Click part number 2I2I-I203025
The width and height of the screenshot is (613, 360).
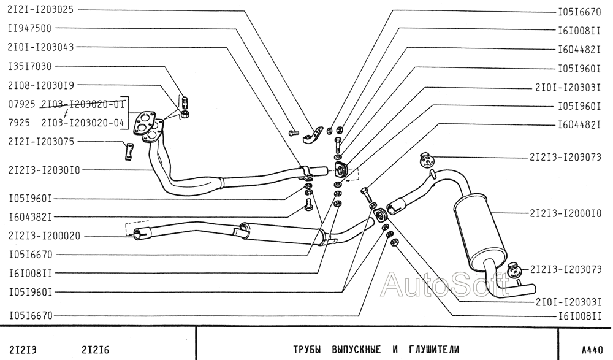pyautogui.click(x=40, y=10)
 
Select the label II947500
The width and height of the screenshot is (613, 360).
pyautogui.click(x=29, y=28)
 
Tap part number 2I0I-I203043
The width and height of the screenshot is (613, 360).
pyautogui.click(x=40, y=47)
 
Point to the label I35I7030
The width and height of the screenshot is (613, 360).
pyautogui.click(x=29, y=66)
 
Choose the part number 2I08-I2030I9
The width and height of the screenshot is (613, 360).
pyautogui.click(x=40, y=85)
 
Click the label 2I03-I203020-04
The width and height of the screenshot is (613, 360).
pyautogui.click(x=83, y=123)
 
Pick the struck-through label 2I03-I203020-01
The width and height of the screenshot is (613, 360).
pyautogui.click(x=83, y=104)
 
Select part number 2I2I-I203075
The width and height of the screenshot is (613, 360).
pyautogui.click(x=41, y=142)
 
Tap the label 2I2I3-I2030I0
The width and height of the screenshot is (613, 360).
pyautogui.click(x=44, y=170)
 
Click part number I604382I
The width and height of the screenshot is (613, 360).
pyautogui.click(x=30, y=216)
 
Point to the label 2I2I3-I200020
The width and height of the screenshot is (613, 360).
pyautogui.click(x=44, y=236)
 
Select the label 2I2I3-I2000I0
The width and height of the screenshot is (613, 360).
pyautogui.click(x=565, y=213)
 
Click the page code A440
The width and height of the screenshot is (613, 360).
pyautogui.click(x=592, y=350)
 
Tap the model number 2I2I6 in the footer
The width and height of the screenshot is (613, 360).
pyautogui.click(x=96, y=350)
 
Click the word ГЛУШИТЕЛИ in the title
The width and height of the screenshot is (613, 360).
pyautogui.click(x=434, y=349)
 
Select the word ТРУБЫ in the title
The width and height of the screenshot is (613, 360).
pyautogui.click(x=307, y=349)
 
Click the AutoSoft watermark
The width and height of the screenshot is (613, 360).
pyautogui.click(x=446, y=284)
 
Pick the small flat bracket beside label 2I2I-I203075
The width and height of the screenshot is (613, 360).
pyautogui.click(x=129, y=152)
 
